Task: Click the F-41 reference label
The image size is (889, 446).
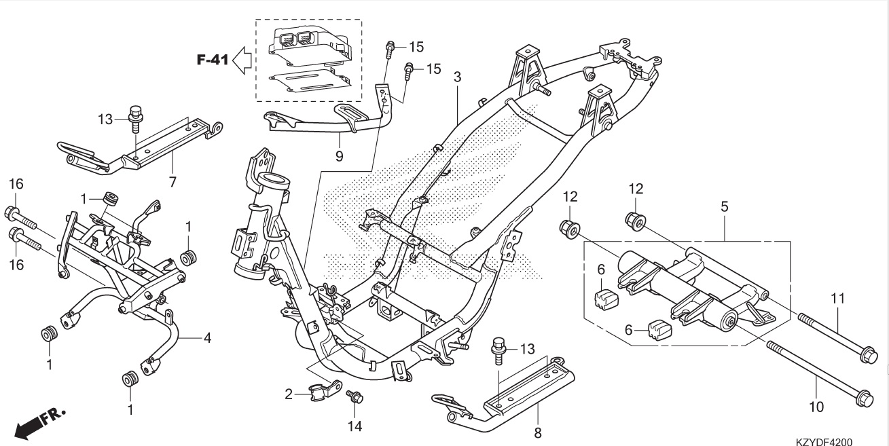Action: click(x=213, y=60)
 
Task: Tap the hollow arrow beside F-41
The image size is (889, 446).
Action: click(x=242, y=60)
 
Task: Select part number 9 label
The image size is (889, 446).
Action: click(x=339, y=156)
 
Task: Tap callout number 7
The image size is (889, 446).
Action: click(x=173, y=181)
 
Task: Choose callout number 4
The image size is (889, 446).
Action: click(x=208, y=337)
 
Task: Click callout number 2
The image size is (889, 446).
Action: click(x=289, y=394)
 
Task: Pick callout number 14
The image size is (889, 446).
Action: click(x=354, y=426)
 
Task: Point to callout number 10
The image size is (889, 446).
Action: click(x=816, y=407)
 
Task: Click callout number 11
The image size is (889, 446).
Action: click(x=837, y=297)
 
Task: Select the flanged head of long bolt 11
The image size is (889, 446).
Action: click(x=868, y=354)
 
